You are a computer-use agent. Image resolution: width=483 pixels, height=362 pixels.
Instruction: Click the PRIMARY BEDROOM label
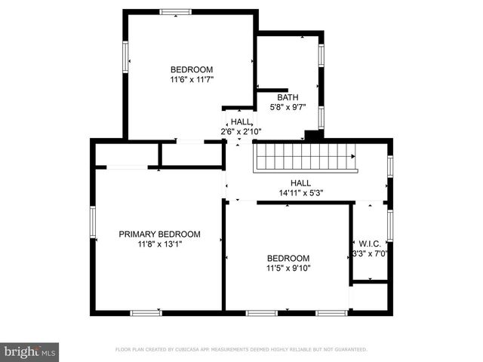click(x=159, y=234)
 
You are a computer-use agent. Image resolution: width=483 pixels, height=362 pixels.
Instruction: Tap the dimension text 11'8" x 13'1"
click(x=159, y=244)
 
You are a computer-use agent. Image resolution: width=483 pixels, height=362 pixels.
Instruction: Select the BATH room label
click(x=288, y=97)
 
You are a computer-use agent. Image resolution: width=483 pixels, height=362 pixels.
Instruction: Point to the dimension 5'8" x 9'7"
click(x=288, y=108)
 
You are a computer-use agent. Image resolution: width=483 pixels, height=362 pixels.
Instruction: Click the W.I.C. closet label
click(x=369, y=243)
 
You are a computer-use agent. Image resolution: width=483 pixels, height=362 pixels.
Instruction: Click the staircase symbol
click(x=305, y=158)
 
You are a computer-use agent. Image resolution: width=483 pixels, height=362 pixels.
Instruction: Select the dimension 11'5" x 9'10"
click(x=288, y=268)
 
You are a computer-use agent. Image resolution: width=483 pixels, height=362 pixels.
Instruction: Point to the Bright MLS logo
click(x=29, y=351)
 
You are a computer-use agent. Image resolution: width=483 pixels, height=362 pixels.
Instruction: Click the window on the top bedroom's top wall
click(x=175, y=11)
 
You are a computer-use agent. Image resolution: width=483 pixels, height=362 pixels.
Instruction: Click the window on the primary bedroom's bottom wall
click(x=146, y=312)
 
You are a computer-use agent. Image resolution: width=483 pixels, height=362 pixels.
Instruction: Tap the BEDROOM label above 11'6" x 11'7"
click(x=191, y=69)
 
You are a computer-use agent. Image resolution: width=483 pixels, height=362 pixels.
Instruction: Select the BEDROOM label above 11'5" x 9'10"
click(x=288, y=257)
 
